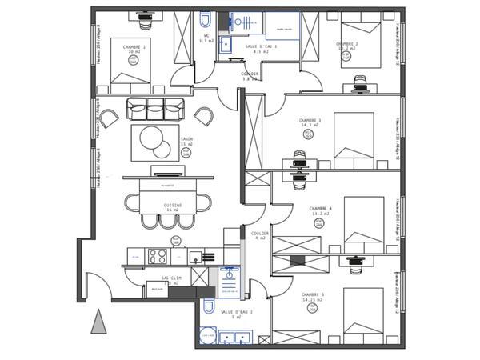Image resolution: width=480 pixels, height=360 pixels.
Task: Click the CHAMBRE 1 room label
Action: click(134, 47)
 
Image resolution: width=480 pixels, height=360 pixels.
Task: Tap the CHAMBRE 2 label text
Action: click(346, 44)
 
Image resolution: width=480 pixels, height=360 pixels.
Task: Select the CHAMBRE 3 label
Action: click(310, 121)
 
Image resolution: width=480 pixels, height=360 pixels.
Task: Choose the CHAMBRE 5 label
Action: click(312, 295)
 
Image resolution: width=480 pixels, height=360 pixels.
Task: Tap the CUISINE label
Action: click(173, 206)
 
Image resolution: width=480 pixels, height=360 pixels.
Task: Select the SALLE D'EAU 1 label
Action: click(261, 47)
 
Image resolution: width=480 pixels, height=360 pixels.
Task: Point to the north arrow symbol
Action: click(98, 322)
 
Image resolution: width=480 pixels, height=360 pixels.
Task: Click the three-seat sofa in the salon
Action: click(155, 108)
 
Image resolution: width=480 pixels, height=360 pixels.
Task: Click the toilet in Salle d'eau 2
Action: click(208, 306)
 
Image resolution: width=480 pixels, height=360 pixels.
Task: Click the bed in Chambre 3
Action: click(353, 134)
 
